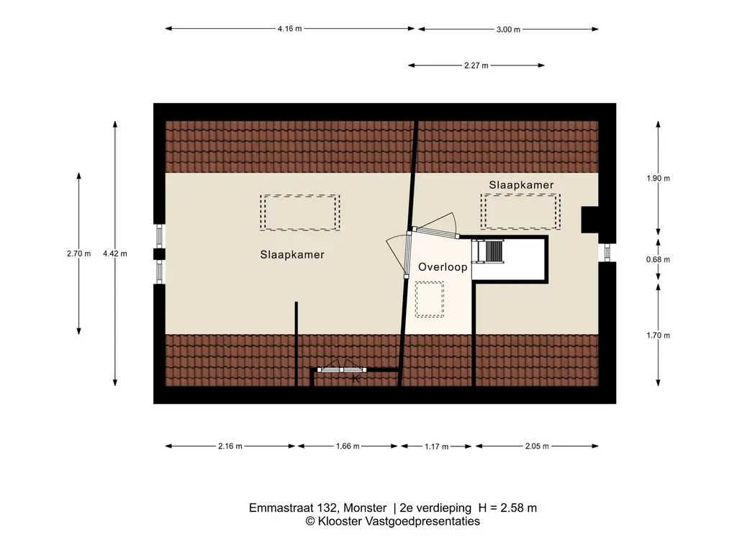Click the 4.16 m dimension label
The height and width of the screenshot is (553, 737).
289,30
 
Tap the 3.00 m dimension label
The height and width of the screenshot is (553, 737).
508,30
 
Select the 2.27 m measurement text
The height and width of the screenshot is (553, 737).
476,66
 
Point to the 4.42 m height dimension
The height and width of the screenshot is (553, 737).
115,253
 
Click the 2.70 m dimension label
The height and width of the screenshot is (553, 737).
78,253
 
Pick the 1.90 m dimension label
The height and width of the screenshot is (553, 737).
659,179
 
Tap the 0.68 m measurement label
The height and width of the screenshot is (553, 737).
659,259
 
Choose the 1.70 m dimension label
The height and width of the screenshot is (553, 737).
659,336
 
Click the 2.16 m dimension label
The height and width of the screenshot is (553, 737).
230,446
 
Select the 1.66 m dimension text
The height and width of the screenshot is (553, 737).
348,446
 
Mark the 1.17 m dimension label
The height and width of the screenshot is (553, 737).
437,447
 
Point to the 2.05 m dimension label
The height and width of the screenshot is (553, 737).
537,446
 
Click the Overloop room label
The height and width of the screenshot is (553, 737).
443,267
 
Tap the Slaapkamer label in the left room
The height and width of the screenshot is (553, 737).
292,255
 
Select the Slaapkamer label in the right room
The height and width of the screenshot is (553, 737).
521,185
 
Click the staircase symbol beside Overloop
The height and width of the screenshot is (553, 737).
492,252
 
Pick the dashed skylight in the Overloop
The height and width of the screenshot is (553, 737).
430,299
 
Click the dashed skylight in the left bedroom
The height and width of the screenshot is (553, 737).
300,212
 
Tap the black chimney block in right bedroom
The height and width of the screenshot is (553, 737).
589,220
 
